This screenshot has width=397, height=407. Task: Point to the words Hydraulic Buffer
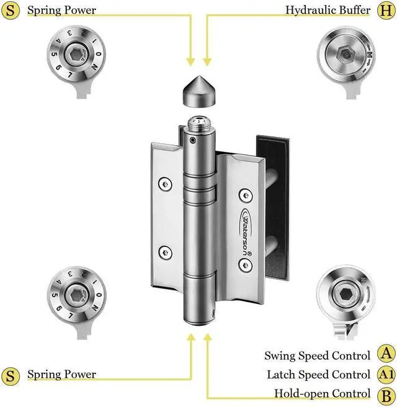point(328,10)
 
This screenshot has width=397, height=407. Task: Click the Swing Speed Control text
point(318,356)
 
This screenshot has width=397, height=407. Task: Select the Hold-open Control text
point(323,393)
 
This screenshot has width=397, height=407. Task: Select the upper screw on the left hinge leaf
point(164,184)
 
